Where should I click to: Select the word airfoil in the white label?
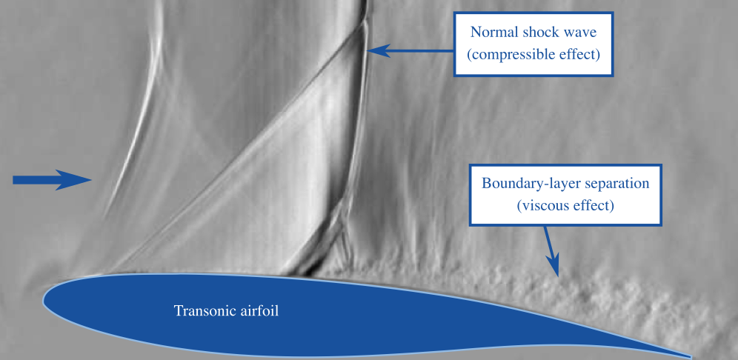coord(259,311)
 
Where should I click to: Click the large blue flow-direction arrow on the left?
coord(52,180)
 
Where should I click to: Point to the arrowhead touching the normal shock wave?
coord(379,50)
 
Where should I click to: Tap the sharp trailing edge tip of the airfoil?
coord(690,357)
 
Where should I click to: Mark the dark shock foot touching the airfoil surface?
coord(306,270)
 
